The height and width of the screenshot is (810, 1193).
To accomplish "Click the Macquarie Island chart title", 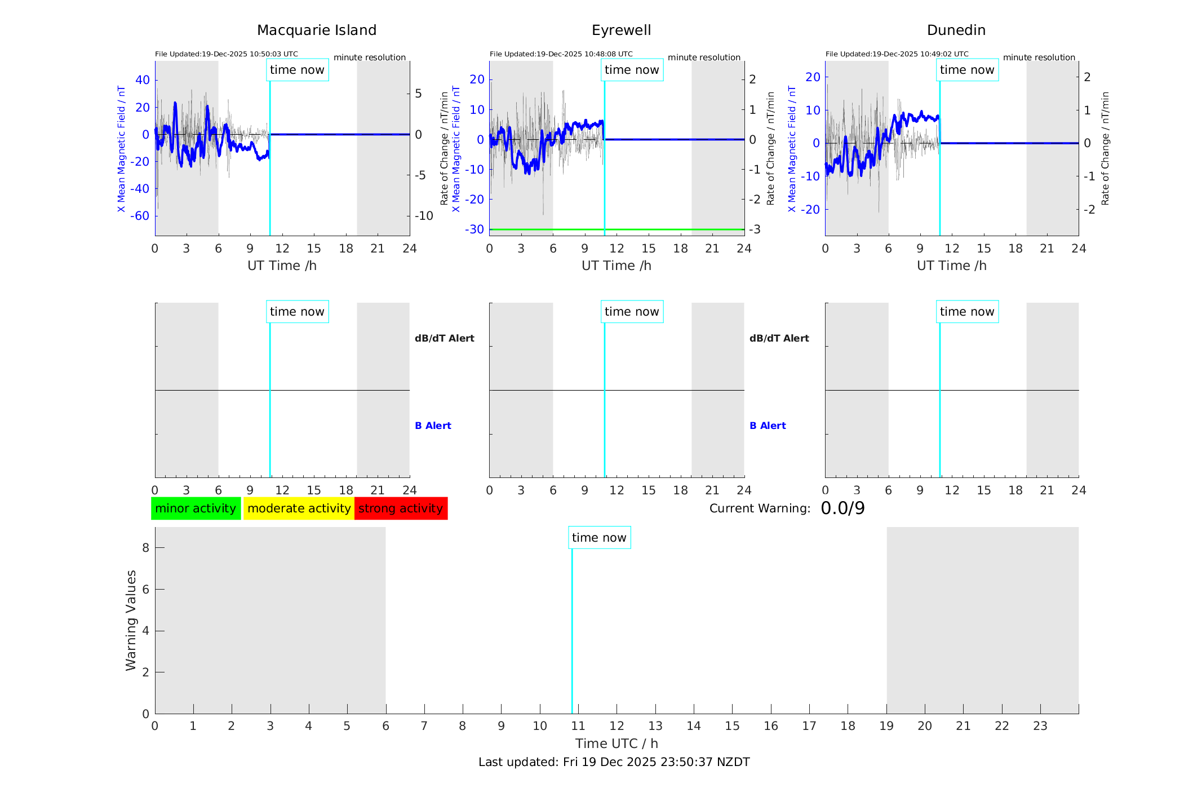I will click(x=317, y=30).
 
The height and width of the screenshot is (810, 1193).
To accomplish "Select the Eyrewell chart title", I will click(x=621, y=30).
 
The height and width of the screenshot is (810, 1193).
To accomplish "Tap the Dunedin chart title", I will click(x=956, y=30).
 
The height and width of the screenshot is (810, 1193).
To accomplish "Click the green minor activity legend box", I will click(x=196, y=508).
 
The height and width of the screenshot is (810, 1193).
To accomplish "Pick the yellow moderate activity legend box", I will click(x=299, y=508).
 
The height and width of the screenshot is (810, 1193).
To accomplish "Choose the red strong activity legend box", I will click(x=401, y=508).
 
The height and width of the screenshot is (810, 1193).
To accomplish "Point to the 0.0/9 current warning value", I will click(x=842, y=508).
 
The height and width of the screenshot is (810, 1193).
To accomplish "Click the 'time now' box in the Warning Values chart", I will click(x=599, y=538).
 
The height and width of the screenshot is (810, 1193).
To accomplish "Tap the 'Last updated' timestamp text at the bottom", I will click(x=614, y=762).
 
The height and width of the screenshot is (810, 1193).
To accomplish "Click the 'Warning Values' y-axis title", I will click(x=131, y=620).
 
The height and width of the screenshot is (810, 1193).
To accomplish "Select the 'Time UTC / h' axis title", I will click(x=617, y=743).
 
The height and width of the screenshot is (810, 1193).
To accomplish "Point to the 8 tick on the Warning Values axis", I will click(x=146, y=548).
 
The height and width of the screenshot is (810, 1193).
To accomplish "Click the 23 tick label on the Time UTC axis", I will click(x=1040, y=726).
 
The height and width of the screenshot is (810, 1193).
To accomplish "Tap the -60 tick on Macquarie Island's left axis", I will click(x=140, y=216).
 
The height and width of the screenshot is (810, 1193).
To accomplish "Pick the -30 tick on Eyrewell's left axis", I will click(x=474, y=229).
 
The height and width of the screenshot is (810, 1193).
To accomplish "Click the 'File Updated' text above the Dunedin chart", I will click(x=897, y=54).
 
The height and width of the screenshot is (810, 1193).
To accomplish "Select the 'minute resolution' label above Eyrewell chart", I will click(x=704, y=57).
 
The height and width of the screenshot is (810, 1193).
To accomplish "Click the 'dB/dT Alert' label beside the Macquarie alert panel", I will click(x=444, y=338).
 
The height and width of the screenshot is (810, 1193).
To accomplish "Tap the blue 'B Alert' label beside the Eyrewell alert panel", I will click(x=768, y=426).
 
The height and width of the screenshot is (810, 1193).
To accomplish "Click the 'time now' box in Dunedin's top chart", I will click(x=967, y=70).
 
